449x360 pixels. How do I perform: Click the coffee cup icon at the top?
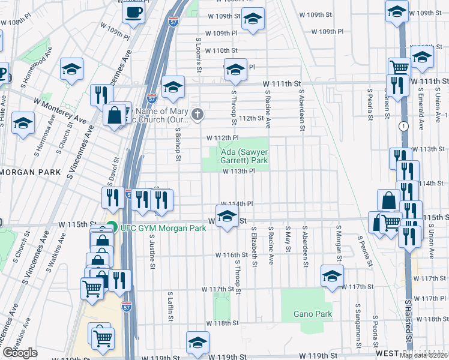[133, 12]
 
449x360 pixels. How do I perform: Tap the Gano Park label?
[312, 314]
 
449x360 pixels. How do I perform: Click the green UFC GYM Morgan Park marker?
[112, 228]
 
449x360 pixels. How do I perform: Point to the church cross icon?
[197, 112]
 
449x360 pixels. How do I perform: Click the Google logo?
[20, 352]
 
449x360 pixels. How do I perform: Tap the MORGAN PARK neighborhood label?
[30, 172]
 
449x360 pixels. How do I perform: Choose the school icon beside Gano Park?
[331, 275]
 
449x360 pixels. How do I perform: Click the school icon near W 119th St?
[197, 343]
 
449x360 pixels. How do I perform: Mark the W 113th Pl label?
[240, 171]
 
